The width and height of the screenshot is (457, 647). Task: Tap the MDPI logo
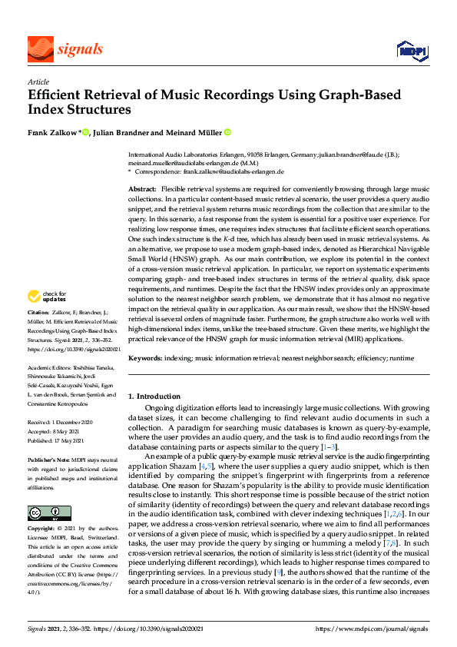[412, 51]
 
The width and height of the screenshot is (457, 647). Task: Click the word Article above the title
[38, 81]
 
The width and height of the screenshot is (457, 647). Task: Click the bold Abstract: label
[142, 189]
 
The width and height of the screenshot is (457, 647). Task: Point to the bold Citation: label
[38, 333]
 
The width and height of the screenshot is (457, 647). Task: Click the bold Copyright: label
[42, 529]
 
